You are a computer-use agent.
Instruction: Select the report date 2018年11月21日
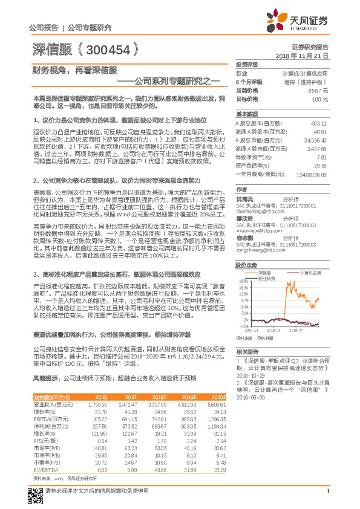[x=303, y=55]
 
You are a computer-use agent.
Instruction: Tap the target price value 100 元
[x=320, y=99]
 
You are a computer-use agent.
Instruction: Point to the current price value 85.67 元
[x=318, y=90]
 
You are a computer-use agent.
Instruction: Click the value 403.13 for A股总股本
[x=318, y=123]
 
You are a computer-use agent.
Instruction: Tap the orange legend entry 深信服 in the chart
[x=258, y=273]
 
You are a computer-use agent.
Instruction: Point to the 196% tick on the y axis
[x=244, y=281]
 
